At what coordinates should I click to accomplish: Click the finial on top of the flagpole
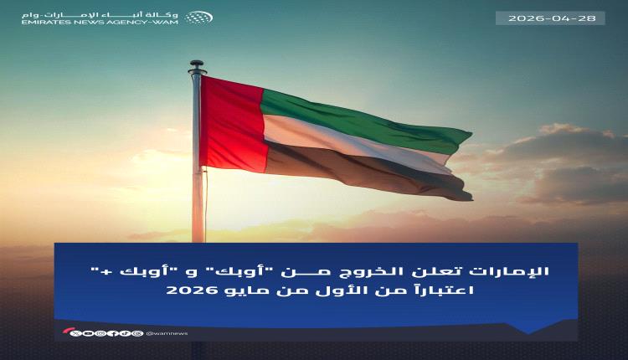click(x=197, y=64)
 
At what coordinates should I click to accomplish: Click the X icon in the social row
click(x=77, y=332)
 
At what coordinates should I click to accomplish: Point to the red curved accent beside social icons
click(x=66, y=332)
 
